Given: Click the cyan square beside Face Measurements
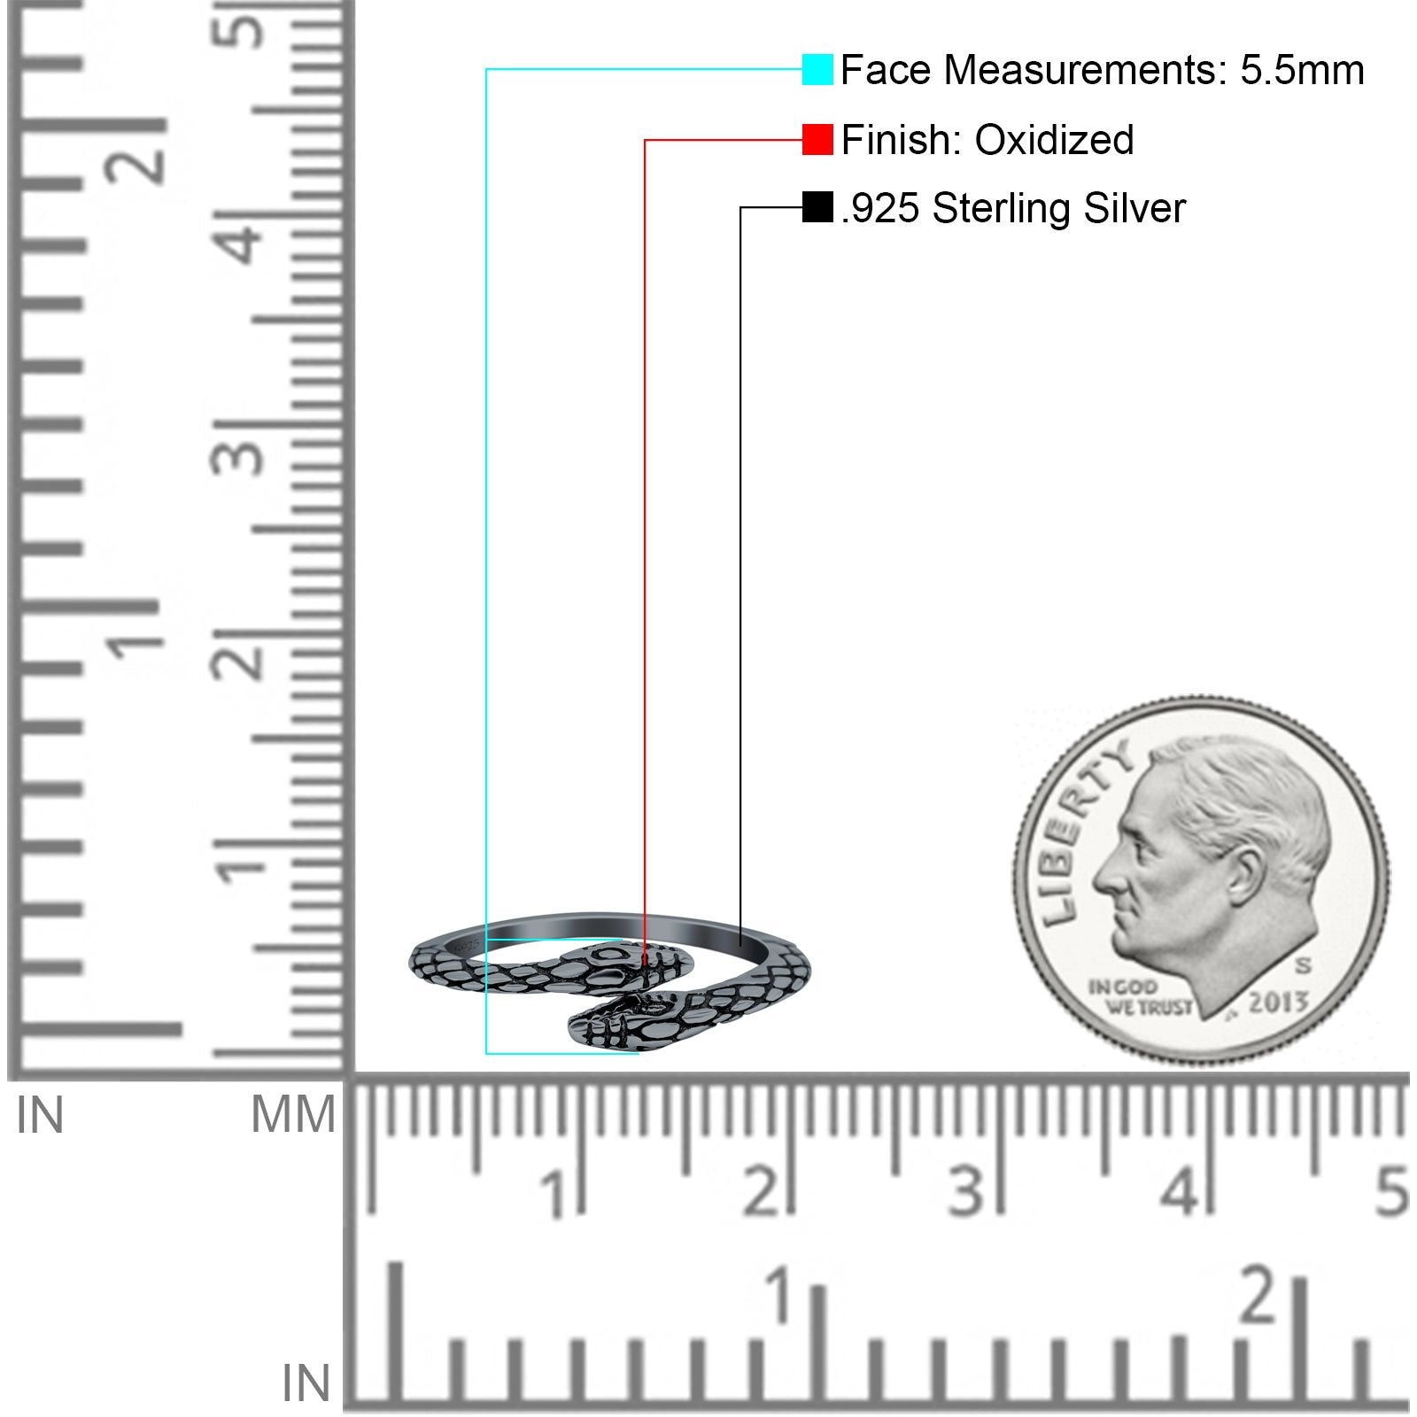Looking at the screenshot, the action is pyautogui.click(x=817, y=70).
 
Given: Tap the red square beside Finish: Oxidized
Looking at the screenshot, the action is pyautogui.click(x=817, y=140).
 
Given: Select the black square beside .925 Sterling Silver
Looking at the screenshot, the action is pyautogui.click(x=817, y=207).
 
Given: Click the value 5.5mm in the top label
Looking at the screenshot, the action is pyautogui.click(x=1302, y=70).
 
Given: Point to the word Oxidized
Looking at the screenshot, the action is pyautogui.click(x=1054, y=140).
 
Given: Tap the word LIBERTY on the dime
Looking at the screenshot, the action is pyautogui.click(x=1081, y=832).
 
